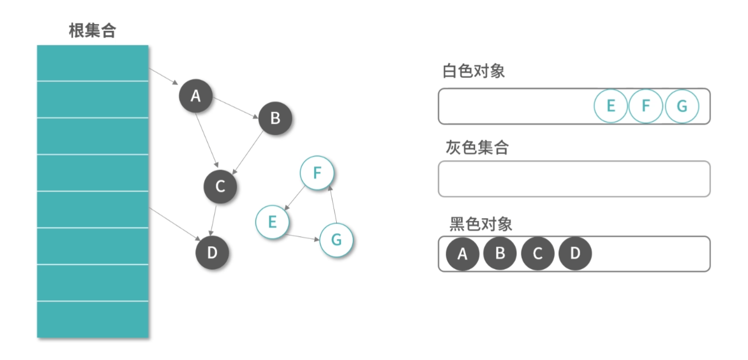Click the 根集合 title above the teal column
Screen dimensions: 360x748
[92, 30]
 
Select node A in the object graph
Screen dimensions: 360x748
[195, 96]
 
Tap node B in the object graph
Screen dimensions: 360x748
[275, 118]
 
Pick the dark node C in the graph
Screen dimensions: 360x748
[220, 187]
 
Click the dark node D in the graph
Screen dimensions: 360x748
[212, 253]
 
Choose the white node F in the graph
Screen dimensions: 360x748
[317, 173]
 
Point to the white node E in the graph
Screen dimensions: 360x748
[272, 221]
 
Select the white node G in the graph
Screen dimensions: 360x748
[336, 240]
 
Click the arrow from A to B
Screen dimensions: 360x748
[236, 108]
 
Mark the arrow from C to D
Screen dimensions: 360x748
[215, 220]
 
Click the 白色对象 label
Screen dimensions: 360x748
[474, 71]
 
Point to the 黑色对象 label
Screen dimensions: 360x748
[481, 224]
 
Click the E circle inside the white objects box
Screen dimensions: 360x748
[611, 106]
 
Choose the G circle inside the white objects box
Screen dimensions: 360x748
[682, 106]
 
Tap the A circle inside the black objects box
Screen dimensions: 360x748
[463, 254]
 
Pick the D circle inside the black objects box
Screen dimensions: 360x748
[575, 254]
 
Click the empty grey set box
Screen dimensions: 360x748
[574, 179]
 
